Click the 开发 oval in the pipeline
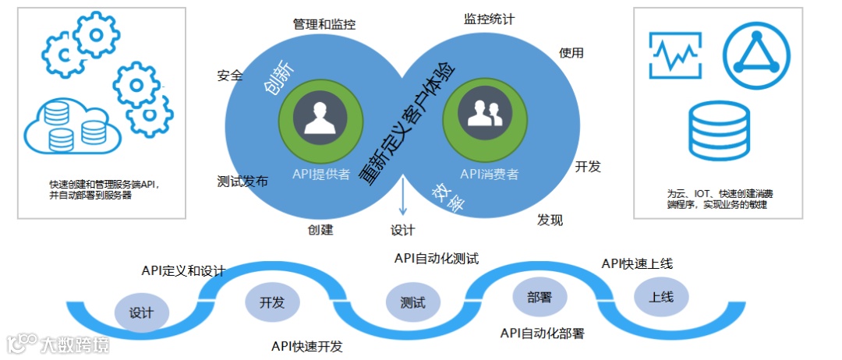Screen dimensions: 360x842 click(272, 302)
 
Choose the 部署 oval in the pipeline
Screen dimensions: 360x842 click(540, 297)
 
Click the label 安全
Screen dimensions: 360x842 click(230, 76)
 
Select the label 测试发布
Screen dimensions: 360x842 click(242, 182)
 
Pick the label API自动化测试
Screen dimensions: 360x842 click(436, 258)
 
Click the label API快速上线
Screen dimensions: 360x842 click(637, 263)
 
